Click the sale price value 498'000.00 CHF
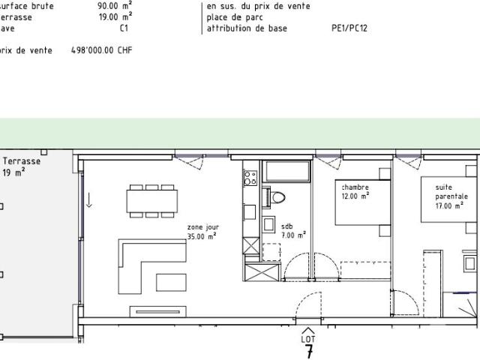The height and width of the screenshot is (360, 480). click(95, 50)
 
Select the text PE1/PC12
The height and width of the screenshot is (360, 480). click(349, 28)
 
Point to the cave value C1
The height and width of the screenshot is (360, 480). click(124, 28)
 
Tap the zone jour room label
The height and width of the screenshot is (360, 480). click(202, 230)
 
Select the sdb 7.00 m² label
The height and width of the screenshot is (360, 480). click(293, 230)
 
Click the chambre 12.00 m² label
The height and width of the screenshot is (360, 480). click(355, 191)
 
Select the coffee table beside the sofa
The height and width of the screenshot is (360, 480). click(172, 282)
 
